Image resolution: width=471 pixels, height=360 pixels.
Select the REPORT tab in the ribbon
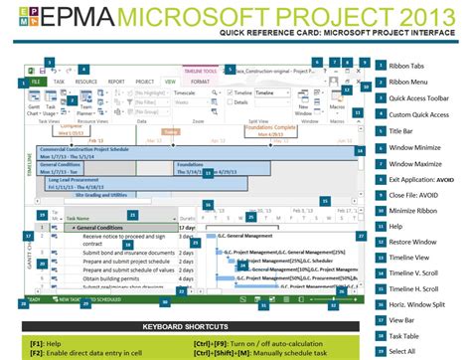click(116, 82)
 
